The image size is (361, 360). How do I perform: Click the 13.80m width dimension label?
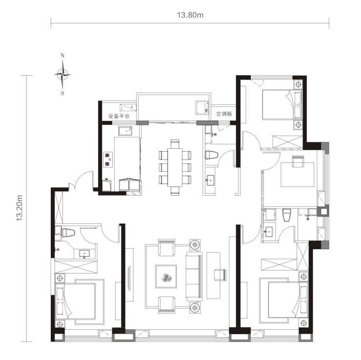click(x=190, y=15)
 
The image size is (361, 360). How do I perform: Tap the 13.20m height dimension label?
click(x=20, y=208)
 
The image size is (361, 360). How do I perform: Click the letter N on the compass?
click(x=62, y=56)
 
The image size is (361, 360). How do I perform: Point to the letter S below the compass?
click(x=62, y=94)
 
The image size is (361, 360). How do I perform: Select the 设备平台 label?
click(x=119, y=116)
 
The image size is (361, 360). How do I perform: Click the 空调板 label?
click(x=224, y=114)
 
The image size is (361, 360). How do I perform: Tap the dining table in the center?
click(x=175, y=167)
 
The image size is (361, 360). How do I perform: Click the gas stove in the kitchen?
click(x=107, y=160)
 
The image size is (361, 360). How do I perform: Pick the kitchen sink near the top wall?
click(x=125, y=131)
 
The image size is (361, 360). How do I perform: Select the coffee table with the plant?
click(x=166, y=277)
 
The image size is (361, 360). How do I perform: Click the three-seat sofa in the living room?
click(x=194, y=277)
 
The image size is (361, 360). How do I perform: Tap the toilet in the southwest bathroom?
click(x=68, y=233)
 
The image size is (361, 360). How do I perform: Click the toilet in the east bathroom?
click(x=287, y=215)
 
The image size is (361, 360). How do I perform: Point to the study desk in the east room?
click(x=298, y=175)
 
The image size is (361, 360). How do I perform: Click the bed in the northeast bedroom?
click(x=282, y=105)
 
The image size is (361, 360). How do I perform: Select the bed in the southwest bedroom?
click(x=75, y=301)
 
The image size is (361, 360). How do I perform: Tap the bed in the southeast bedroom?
click(x=288, y=300)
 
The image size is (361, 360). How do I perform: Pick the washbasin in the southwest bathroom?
click(x=84, y=254)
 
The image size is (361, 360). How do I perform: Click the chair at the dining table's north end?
click(x=175, y=143)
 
